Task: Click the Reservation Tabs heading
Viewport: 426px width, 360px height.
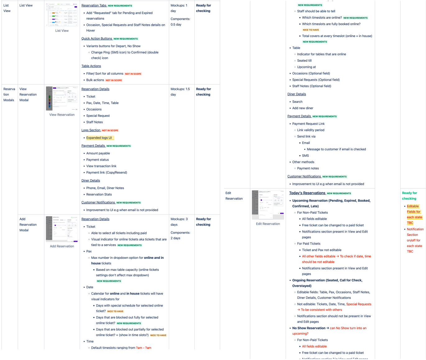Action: tap(94, 6)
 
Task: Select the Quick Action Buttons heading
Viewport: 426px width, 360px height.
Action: tap(96, 39)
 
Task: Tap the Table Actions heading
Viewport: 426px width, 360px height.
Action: tap(91, 66)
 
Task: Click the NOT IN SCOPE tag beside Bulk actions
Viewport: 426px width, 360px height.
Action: tap(114, 80)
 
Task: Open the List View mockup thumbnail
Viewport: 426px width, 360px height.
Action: tap(62, 15)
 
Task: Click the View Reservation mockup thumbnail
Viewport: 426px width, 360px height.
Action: tap(62, 98)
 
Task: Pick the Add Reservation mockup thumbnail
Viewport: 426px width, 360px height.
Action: tap(62, 229)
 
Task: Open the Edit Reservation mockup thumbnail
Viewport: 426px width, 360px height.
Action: tap(268, 204)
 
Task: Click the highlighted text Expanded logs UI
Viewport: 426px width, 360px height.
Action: tap(99, 138)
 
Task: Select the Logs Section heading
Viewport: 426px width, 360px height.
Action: tap(91, 130)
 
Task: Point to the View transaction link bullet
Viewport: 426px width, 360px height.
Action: tap(101, 166)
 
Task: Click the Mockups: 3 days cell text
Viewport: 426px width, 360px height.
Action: tap(179, 222)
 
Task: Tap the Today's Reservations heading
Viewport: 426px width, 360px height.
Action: tap(307, 193)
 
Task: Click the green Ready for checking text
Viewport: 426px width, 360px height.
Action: tap(409, 196)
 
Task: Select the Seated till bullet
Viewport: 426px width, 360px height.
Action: tap(304, 61)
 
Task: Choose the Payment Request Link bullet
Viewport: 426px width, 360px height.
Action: tap(308, 124)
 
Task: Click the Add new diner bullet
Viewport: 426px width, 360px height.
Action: tap(303, 108)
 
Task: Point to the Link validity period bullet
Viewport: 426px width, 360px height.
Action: tap(311, 130)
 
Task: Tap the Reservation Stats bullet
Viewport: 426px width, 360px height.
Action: tap(99, 194)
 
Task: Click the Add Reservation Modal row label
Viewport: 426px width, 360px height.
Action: tap(28, 225)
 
